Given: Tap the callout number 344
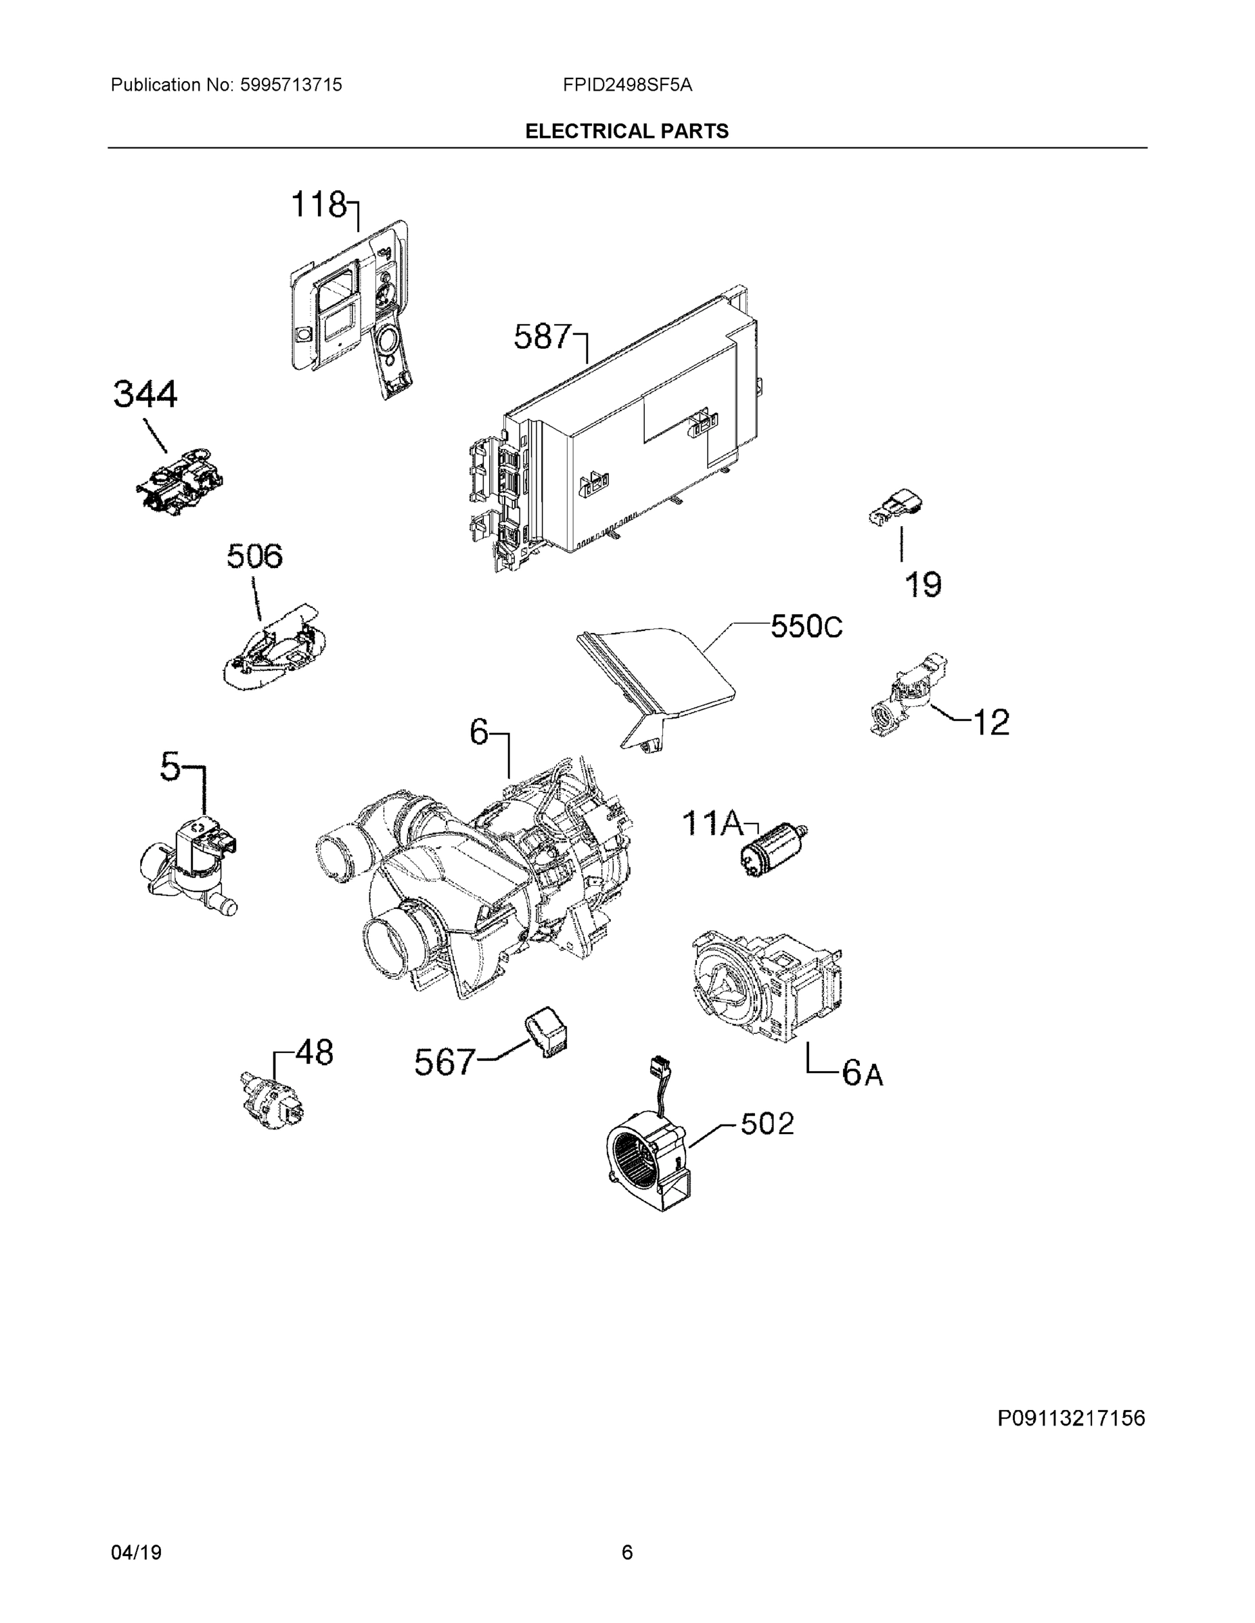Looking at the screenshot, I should pyautogui.click(x=145, y=395).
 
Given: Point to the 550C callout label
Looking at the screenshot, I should pyautogui.click(x=806, y=626).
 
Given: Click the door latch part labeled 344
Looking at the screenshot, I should pyautogui.click(x=181, y=481).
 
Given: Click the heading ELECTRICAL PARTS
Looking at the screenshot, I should pyautogui.click(x=626, y=132).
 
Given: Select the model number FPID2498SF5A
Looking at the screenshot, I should pyautogui.click(x=626, y=85).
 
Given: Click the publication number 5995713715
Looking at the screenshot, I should pyautogui.click(x=291, y=85).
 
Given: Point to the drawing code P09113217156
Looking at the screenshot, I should pyautogui.click(x=1070, y=1419).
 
